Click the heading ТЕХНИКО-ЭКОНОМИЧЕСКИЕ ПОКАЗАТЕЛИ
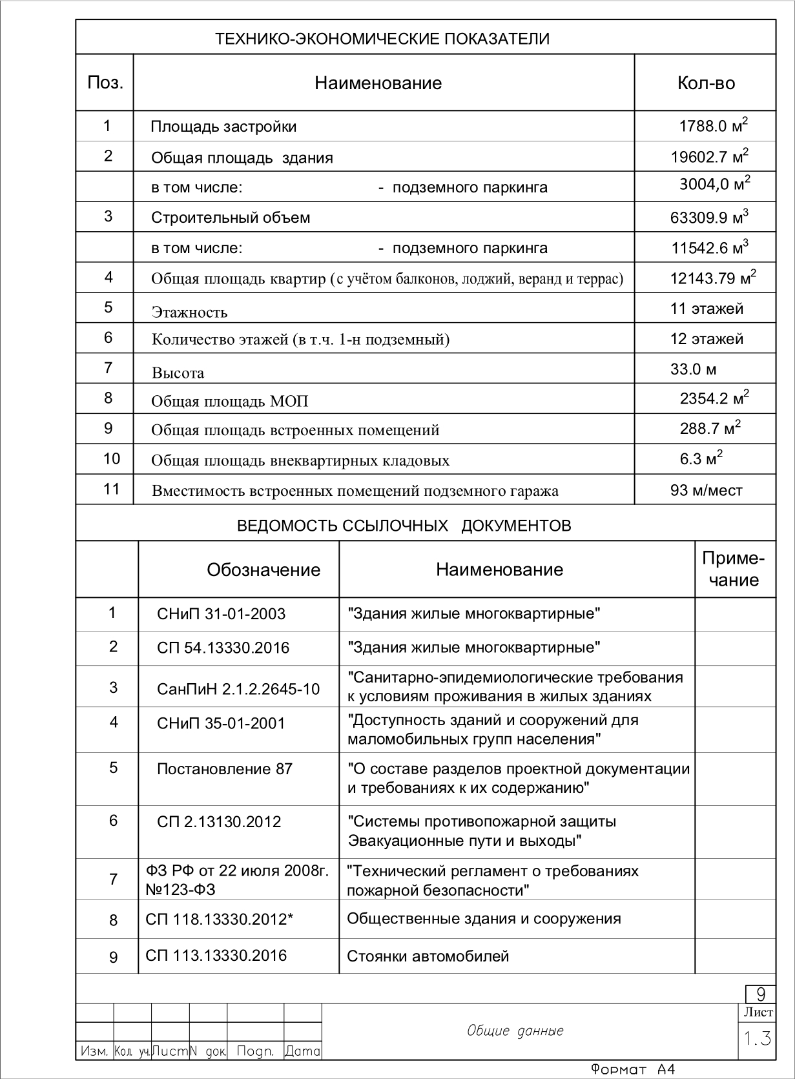pos(382,39)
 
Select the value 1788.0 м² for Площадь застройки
pos(713,125)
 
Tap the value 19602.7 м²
pos(709,156)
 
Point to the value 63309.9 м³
pos(708,217)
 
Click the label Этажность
pos(189,313)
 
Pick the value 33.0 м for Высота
pos(693,369)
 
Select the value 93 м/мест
pos(706,490)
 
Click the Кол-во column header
pos(705,83)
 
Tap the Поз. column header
pos(105,83)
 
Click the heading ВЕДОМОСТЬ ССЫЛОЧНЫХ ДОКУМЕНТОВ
pos(404,525)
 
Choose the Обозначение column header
pos(263,570)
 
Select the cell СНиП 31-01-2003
pos(221,613)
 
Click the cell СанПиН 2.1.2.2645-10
pos(238,689)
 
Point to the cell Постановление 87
pos(224,769)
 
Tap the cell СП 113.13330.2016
pos(216,956)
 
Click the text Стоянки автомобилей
pos(428,956)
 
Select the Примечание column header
pos(733,569)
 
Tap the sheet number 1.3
pos(756,1039)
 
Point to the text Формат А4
pos(632,1069)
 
